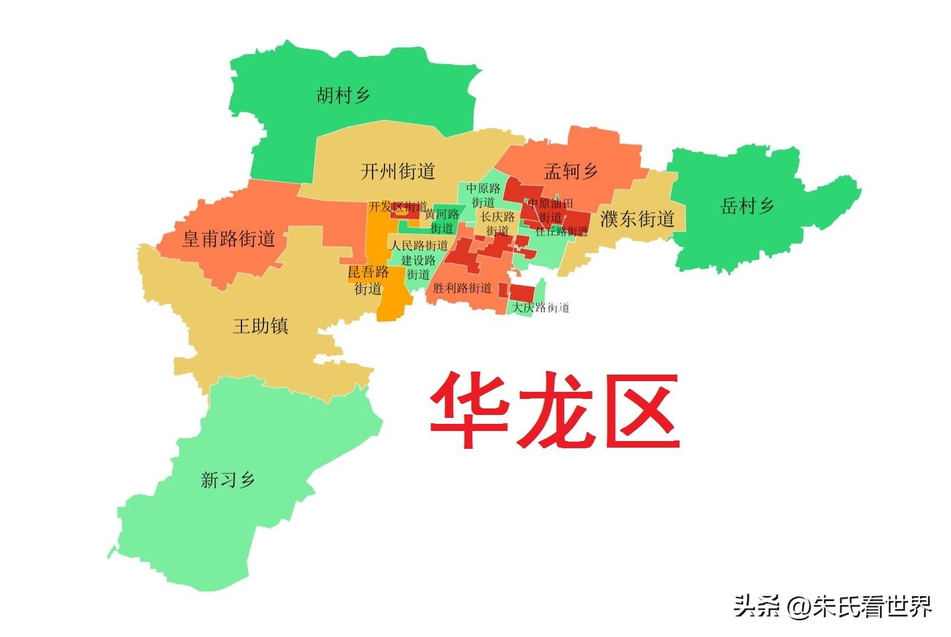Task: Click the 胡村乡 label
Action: click(x=343, y=95)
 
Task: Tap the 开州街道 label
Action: click(x=397, y=172)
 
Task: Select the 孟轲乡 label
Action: click(x=570, y=172)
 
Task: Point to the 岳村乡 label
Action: click(x=747, y=206)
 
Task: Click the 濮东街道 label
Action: click(x=637, y=218)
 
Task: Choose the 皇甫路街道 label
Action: click(x=228, y=239)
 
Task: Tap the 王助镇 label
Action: click(x=260, y=326)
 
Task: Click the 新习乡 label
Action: click(x=228, y=479)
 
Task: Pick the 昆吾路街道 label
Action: click(x=368, y=280)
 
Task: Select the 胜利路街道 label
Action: click(x=462, y=289)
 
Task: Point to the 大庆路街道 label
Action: click(x=540, y=308)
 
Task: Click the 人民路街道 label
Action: click(x=419, y=245)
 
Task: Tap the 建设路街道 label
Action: click(x=418, y=267)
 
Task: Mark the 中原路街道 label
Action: click(x=483, y=195)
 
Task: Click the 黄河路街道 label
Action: click(x=441, y=221)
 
